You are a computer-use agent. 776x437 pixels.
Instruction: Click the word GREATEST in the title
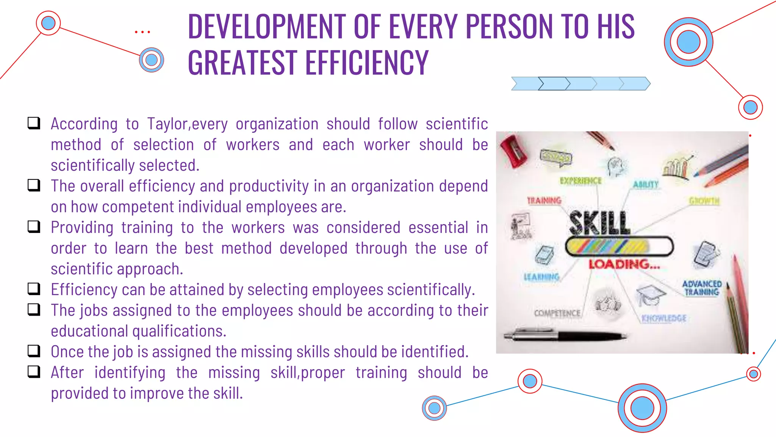[242, 63]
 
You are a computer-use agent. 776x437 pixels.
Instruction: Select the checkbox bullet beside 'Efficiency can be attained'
[34, 289]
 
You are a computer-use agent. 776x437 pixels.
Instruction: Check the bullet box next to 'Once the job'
[34, 351]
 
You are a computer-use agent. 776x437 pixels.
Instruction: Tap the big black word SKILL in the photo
[599, 223]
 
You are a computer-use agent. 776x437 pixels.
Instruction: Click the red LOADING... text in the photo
[624, 264]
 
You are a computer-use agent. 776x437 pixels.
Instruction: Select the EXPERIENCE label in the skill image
[580, 181]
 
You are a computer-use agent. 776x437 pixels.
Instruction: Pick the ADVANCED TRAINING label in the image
[702, 288]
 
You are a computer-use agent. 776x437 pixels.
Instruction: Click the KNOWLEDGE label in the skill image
[664, 318]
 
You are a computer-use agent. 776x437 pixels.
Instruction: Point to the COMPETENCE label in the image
[557, 313]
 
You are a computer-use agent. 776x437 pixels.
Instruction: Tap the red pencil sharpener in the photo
[513, 151]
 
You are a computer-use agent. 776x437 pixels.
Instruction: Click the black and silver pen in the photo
[565, 336]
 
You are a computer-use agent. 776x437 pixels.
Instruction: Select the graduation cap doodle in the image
[650, 295]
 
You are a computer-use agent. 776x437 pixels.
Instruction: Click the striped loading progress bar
[619, 247]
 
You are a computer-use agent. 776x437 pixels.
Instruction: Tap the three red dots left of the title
[142, 32]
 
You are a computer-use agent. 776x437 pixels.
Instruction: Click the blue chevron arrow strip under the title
[580, 83]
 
